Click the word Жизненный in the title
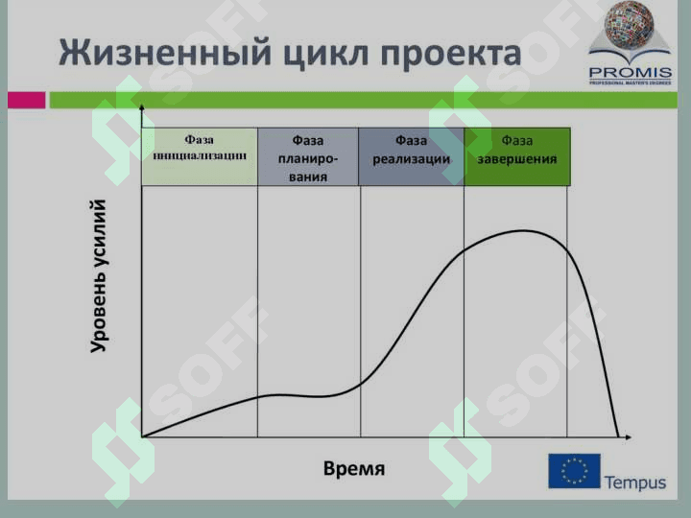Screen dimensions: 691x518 coord(165,53)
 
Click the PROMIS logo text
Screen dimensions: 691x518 coord(631,72)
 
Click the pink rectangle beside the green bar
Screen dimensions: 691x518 coord(27,100)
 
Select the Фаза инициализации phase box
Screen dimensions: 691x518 coord(200,156)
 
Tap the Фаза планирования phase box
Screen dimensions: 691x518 coord(308,156)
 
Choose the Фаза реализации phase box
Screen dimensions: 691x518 coord(411,156)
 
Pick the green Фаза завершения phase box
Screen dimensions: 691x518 coord(517,156)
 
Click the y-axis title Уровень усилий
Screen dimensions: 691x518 coord(99,276)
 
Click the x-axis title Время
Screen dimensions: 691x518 coord(354,469)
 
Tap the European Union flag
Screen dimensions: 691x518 coord(574,471)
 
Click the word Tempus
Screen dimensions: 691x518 coord(635,482)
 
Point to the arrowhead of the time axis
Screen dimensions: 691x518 coord(629,437)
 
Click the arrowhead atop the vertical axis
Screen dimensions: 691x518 coord(141,107)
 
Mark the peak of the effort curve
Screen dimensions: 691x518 coord(524,230)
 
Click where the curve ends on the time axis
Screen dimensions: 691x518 coord(619,436)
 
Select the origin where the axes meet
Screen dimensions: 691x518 coord(142,437)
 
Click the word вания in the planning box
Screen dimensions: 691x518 coord(308,177)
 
